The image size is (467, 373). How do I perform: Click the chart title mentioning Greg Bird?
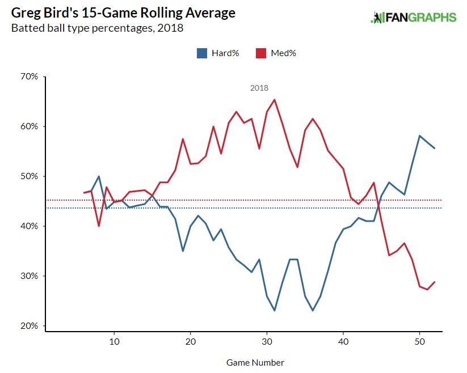[x=123, y=12]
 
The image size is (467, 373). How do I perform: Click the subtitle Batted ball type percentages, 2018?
[x=98, y=28]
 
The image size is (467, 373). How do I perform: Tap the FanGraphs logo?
[x=413, y=18]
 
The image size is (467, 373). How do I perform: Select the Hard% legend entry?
[x=218, y=53]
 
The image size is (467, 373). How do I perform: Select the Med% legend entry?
[x=276, y=53]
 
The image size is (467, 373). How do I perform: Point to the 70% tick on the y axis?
[x=29, y=77]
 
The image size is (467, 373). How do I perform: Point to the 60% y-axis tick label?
[x=29, y=126]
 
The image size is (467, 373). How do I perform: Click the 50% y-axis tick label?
[x=29, y=176]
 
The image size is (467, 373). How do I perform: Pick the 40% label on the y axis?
[x=29, y=226]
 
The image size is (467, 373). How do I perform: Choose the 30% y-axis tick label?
[x=29, y=276]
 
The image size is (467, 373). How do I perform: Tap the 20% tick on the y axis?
[x=29, y=326]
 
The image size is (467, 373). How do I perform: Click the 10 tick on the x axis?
[x=114, y=342]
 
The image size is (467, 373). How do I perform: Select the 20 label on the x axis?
[x=191, y=342]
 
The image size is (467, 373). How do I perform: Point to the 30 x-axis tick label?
[x=267, y=342]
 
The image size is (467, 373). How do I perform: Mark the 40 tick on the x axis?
[x=343, y=342]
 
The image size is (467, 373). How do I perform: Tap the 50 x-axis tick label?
[x=419, y=342]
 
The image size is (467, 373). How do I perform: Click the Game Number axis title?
[x=255, y=362]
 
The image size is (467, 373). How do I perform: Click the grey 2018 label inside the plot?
[x=259, y=88]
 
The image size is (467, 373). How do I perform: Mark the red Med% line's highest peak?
[x=275, y=100]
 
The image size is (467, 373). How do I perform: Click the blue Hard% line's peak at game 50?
[x=419, y=135]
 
